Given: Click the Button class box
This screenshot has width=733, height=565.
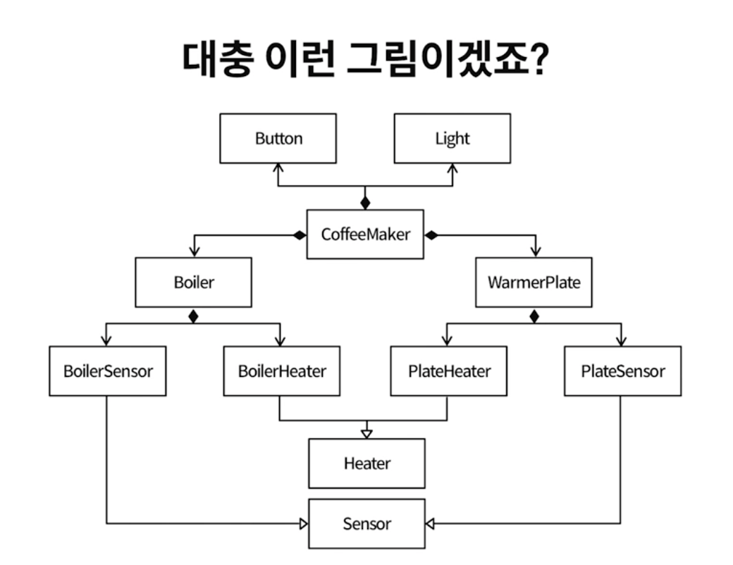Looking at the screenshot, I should point(278,139).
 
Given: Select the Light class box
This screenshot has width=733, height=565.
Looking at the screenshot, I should point(452,139).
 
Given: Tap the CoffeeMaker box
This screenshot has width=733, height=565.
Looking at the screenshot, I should point(365,234).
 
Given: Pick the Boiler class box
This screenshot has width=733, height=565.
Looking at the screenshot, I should point(193,282).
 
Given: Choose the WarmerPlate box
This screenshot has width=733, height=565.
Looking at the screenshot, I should point(534,282).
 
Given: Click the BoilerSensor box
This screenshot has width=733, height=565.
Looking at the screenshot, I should point(107,371).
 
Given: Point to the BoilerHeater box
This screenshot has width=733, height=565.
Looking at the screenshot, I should point(281,371).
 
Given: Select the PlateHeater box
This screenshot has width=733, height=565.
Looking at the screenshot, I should point(448,371).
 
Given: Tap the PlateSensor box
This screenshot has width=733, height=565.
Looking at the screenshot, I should point(622,371).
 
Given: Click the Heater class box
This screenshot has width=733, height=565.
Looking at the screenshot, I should point(366,464).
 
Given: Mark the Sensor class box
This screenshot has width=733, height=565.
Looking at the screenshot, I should point(366,523).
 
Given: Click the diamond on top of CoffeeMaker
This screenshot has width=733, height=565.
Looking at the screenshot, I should point(365,203).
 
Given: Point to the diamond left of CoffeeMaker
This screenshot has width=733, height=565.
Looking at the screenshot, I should point(300,235).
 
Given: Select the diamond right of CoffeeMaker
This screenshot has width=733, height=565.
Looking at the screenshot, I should point(431,235).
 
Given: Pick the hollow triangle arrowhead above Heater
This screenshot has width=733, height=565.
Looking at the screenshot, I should point(366,432).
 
